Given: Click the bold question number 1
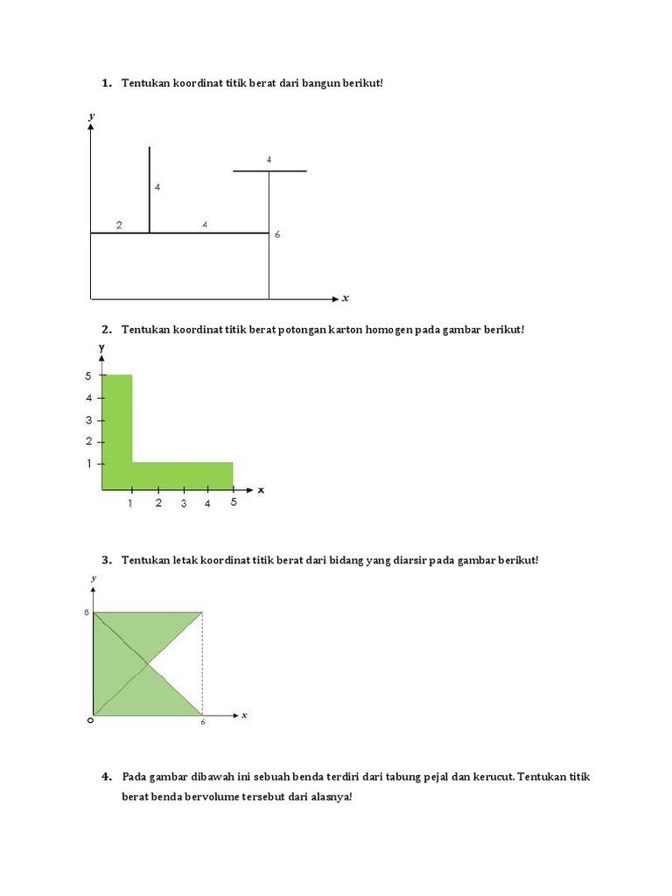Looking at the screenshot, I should (x=106, y=83).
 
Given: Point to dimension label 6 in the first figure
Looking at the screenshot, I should (x=276, y=234).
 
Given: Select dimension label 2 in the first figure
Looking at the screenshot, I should (x=119, y=226).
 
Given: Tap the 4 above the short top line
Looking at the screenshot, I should (x=269, y=159).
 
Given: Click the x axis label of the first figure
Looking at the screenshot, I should (x=346, y=298).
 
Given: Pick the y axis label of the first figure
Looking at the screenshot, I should (x=91, y=115).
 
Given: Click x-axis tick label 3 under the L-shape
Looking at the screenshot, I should (x=184, y=503).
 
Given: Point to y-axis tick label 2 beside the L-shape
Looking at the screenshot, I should (x=88, y=442).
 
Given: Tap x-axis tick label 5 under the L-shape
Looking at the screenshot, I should (x=234, y=502).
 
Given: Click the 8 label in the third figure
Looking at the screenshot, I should (x=87, y=612).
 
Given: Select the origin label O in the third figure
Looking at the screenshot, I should (x=88, y=721).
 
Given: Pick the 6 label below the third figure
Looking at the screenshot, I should (x=203, y=723).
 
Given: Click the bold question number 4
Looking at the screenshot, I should (x=106, y=777).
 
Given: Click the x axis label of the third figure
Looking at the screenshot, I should (x=244, y=715).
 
